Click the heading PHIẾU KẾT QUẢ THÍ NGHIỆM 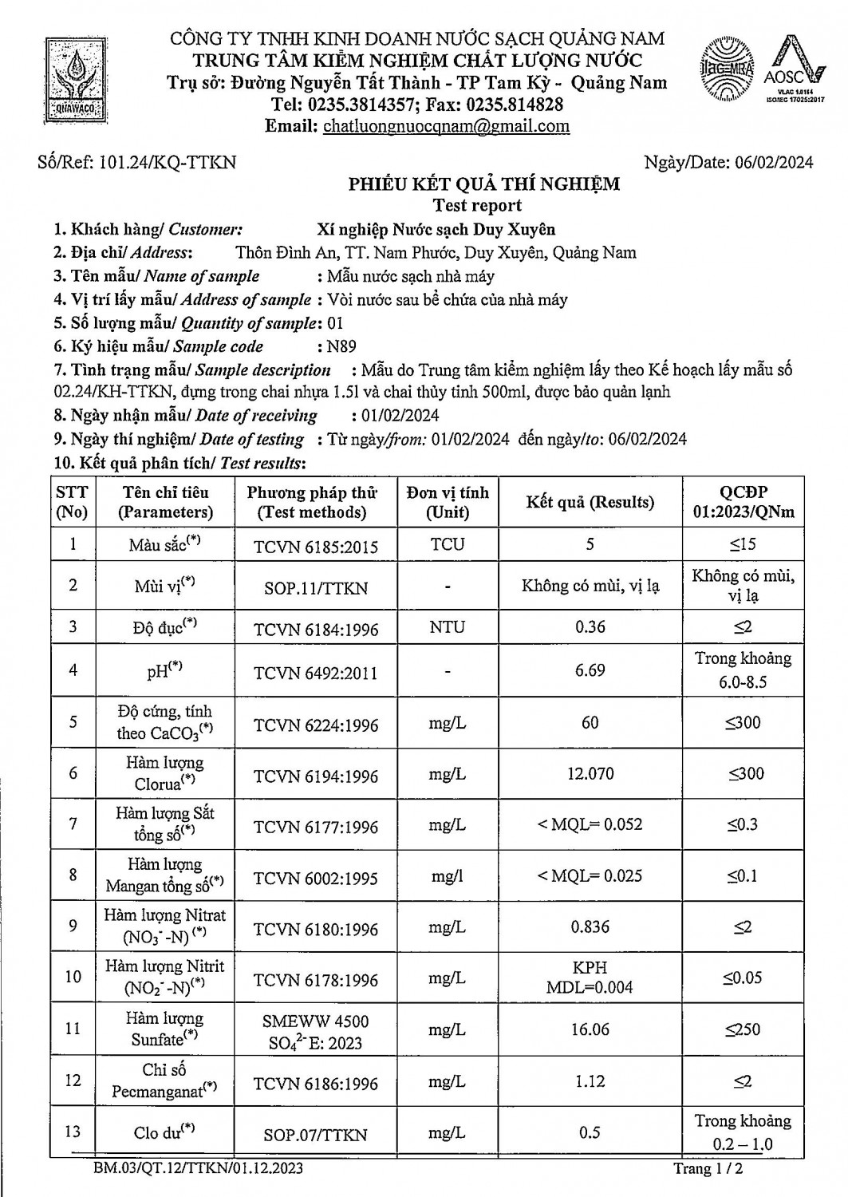483,184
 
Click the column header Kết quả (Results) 590,502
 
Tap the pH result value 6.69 590,670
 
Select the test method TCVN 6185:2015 316,547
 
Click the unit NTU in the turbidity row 447,627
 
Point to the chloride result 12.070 590,773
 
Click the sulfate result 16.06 590,1029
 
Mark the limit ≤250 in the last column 743,1029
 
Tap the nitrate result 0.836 590,927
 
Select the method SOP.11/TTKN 316,588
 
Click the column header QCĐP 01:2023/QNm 743,502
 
